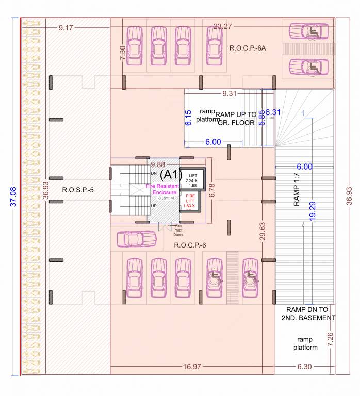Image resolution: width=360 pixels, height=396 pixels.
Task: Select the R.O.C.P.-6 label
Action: click(x=190, y=245)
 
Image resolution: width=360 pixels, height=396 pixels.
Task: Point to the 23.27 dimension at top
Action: click(x=223, y=26)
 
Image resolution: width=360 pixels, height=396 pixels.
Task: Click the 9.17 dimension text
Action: click(x=66, y=27)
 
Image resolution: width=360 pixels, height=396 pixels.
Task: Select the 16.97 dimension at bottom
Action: click(x=192, y=367)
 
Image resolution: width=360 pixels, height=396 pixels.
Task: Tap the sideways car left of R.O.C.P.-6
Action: click(x=137, y=239)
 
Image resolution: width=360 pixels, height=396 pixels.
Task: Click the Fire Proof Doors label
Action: click(x=178, y=230)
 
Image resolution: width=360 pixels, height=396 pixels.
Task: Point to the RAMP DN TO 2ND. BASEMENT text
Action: click(x=308, y=313)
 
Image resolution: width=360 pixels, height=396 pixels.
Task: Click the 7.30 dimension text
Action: click(x=122, y=54)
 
